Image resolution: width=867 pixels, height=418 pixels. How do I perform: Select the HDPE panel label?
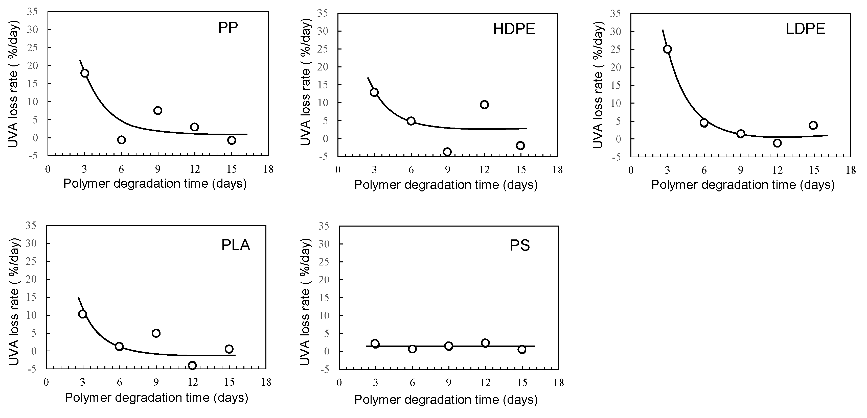tap(514, 29)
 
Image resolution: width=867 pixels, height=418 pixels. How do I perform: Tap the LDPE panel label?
tap(805, 29)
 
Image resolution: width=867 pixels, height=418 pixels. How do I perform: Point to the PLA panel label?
tap(236, 245)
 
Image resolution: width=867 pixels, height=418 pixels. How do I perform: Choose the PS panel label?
tap(520, 245)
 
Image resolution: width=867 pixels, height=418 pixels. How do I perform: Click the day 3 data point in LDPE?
tap(667, 49)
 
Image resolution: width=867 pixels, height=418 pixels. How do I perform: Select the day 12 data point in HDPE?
tap(484, 104)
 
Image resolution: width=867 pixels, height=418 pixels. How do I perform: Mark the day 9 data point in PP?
tap(158, 110)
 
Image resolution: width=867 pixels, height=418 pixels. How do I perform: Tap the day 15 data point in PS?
tap(522, 349)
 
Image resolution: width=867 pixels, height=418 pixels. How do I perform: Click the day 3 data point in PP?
tap(85, 73)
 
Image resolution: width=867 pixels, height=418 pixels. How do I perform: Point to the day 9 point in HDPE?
tap(447, 151)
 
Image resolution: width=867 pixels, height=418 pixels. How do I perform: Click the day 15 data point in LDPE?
tap(813, 125)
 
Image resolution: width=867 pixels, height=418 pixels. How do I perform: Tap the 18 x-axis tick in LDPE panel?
tap(851, 170)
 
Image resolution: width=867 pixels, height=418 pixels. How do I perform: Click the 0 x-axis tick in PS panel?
tap(339, 383)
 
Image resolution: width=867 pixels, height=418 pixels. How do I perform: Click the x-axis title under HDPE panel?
tap(446, 185)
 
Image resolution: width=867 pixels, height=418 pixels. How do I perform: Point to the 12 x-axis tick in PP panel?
tap(195, 169)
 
